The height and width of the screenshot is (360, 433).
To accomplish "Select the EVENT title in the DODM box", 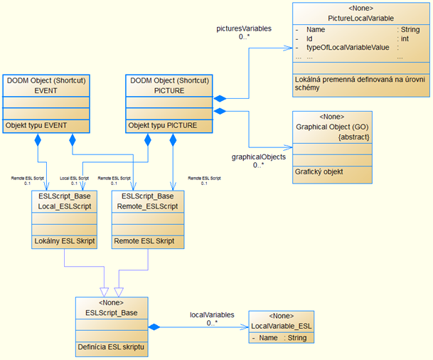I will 45,90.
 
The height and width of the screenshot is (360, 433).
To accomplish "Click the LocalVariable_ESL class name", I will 282,325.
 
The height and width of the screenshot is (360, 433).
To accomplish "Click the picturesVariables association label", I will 244,28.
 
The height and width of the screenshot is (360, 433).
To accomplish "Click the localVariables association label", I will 212,314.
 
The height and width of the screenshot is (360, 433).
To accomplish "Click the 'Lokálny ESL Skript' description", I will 65,241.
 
